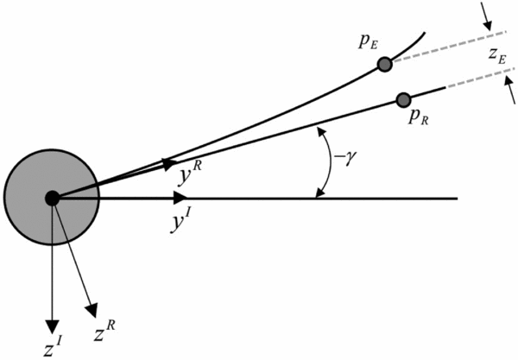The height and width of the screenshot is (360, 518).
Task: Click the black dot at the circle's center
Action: tap(52, 198)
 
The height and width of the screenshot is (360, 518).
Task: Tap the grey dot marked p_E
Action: tap(385, 64)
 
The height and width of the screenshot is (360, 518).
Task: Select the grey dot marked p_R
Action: tap(401, 99)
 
